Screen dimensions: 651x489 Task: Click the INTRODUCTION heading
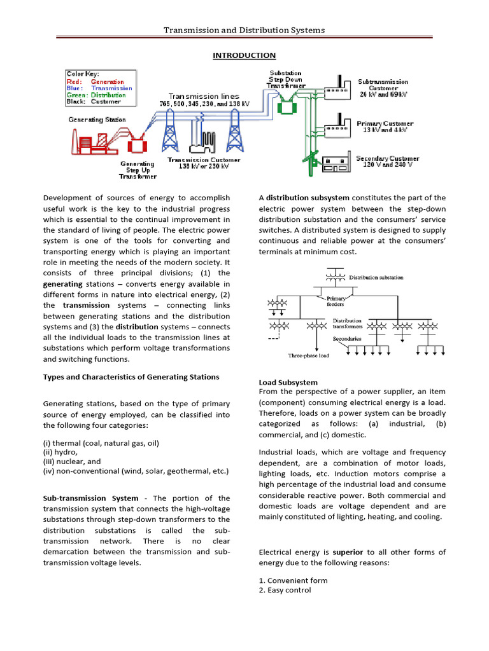(244, 55)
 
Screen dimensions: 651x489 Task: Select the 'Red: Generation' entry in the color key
(95, 81)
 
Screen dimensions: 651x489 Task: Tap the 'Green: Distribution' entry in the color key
(96, 95)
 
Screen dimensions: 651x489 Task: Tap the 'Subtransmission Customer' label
(383, 85)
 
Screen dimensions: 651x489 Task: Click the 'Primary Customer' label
(385, 126)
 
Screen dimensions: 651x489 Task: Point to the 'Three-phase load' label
(309, 355)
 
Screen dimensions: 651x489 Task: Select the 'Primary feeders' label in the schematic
(336, 301)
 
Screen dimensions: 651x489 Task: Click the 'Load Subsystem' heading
(288, 382)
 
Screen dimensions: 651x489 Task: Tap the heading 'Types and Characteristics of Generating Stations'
(131, 376)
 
